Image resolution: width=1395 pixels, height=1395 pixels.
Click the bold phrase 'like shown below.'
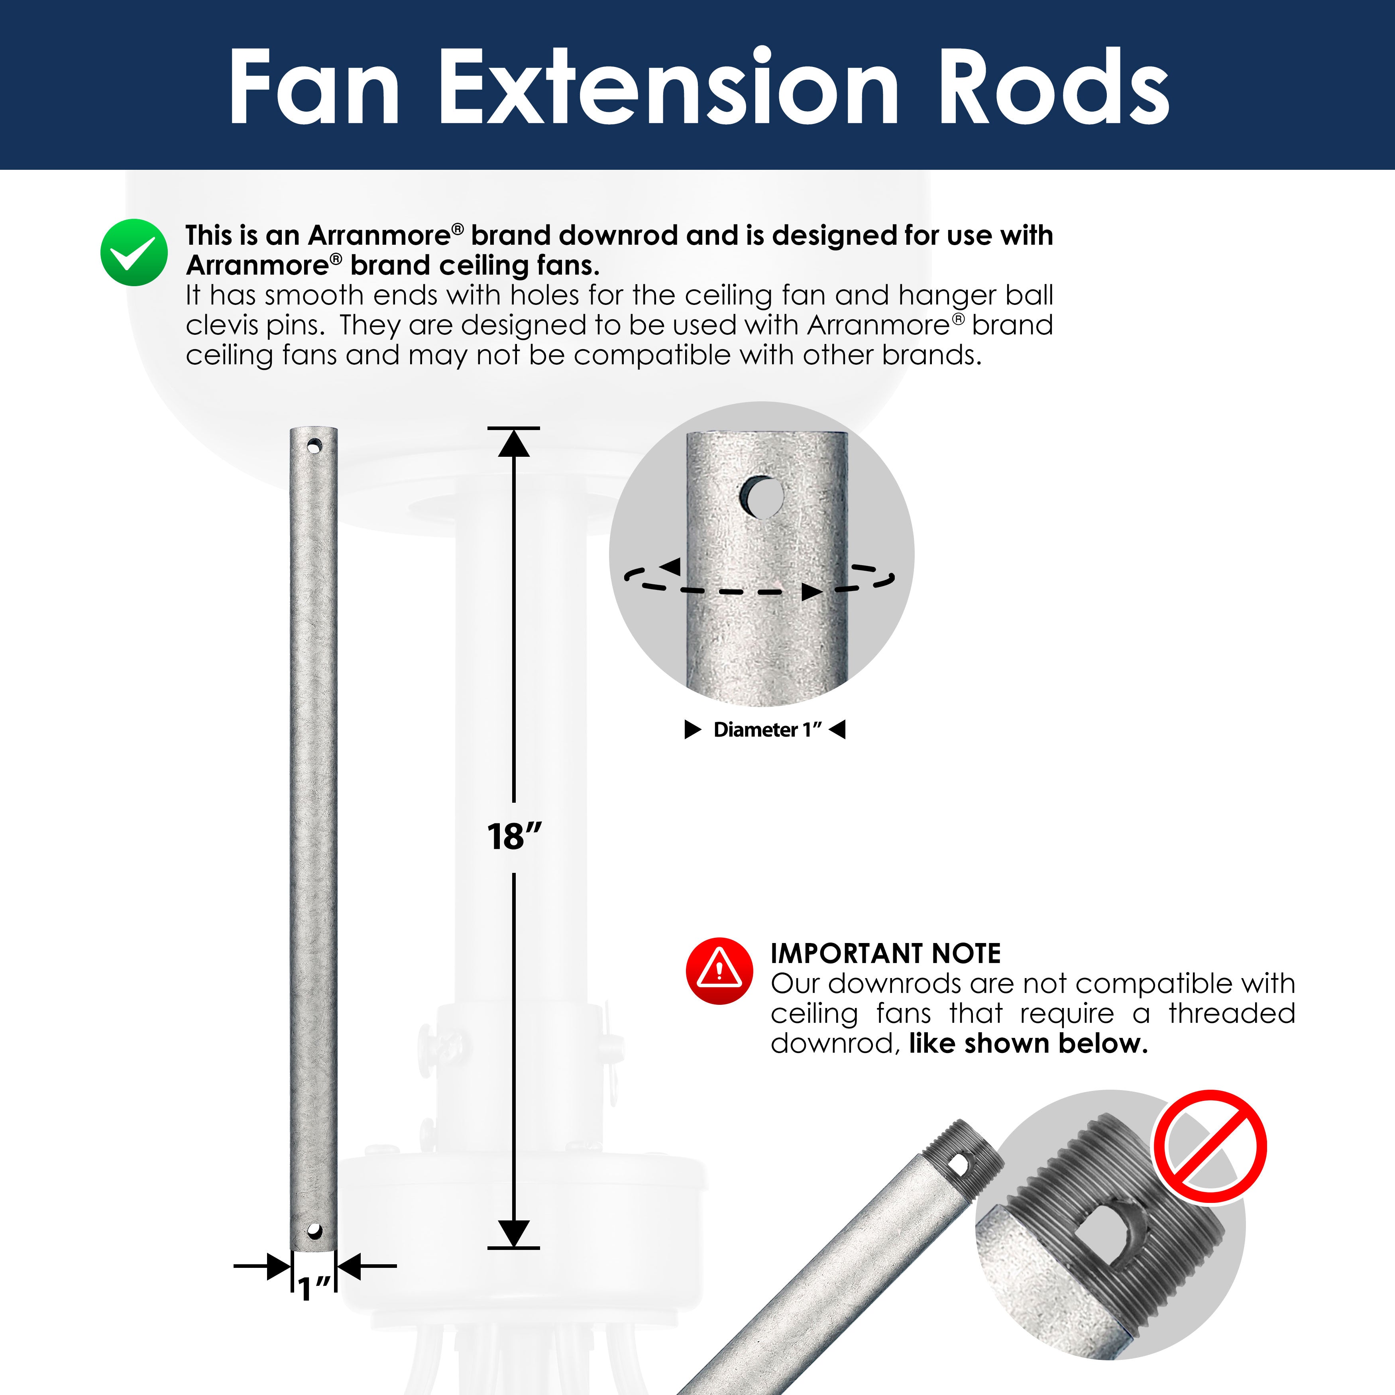coord(1028,1043)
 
